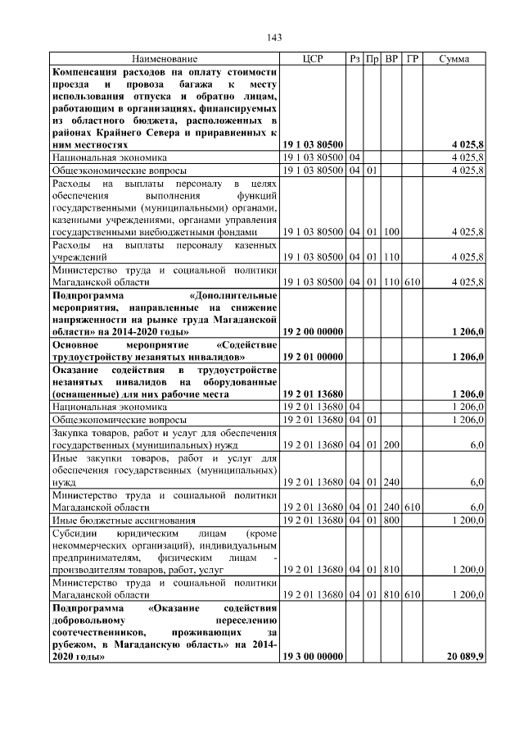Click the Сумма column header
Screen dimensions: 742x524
click(454, 59)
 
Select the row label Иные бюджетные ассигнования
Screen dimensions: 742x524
click(124, 520)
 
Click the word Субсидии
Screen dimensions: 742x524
click(73, 533)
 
